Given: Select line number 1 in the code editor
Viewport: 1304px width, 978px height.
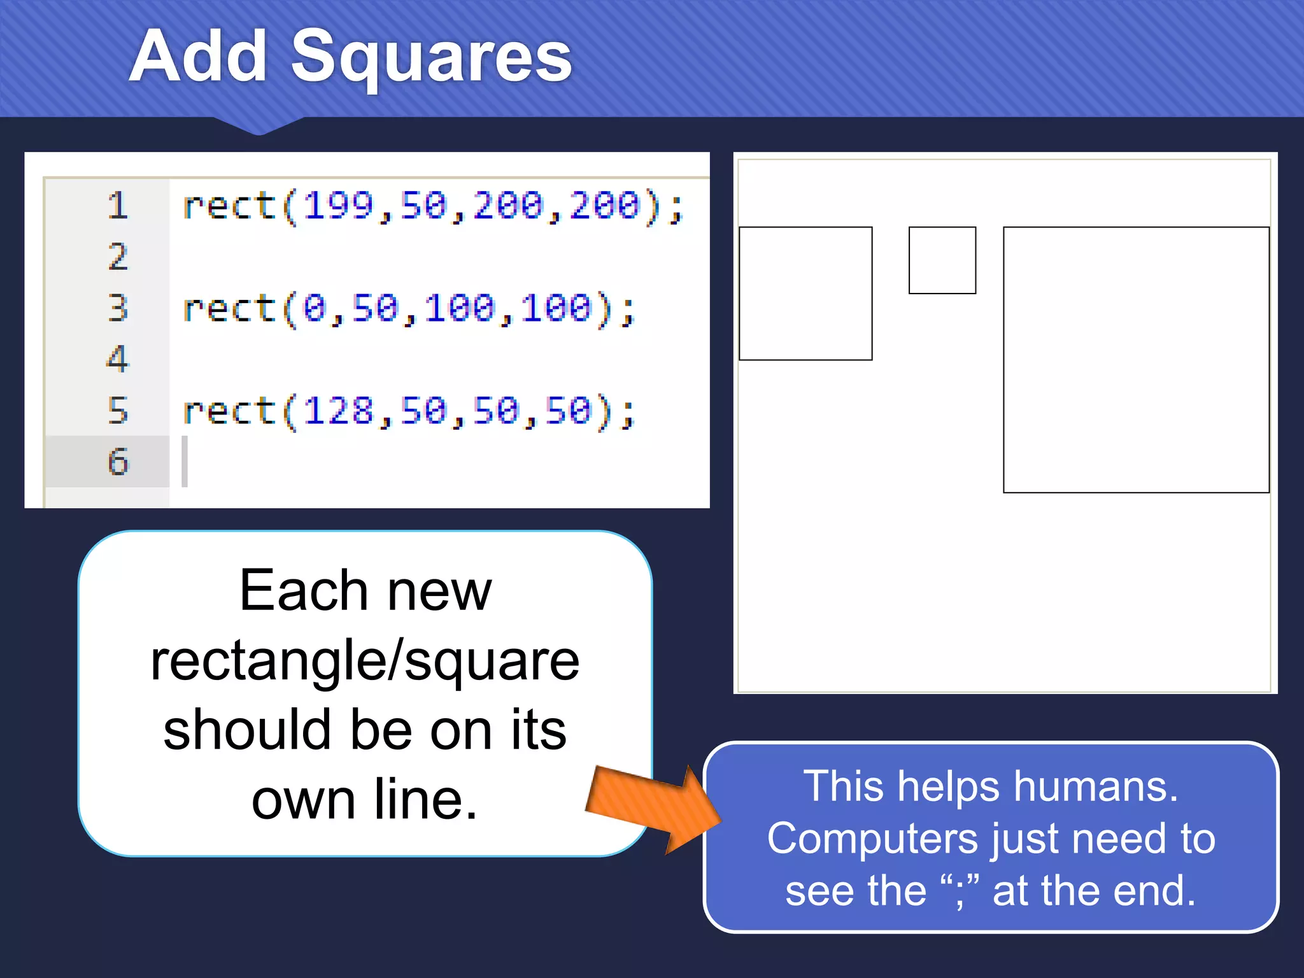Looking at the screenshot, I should click(x=118, y=206).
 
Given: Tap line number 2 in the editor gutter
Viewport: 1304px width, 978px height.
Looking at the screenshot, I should click(x=118, y=257).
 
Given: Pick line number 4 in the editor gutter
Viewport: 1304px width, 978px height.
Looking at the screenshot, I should click(x=118, y=358).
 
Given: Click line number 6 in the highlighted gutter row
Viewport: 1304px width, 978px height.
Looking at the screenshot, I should click(x=118, y=462).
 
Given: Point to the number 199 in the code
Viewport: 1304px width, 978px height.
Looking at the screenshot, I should click(x=337, y=206).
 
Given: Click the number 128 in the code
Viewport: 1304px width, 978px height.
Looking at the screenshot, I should click(x=337, y=411).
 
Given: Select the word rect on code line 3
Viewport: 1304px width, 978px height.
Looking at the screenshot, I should click(x=229, y=309).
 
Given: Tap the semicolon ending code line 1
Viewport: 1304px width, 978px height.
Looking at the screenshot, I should click(x=676, y=208).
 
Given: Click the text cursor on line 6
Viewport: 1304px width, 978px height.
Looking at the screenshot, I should click(x=185, y=462).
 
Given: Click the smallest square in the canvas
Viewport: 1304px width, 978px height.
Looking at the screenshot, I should click(x=942, y=260).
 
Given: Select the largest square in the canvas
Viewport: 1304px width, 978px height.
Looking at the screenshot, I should click(x=1136, y=360).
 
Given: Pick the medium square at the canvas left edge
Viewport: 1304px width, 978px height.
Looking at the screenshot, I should click(x=805, y=294).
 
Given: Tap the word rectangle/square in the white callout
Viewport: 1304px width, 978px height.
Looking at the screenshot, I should click(x=365, y=661).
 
